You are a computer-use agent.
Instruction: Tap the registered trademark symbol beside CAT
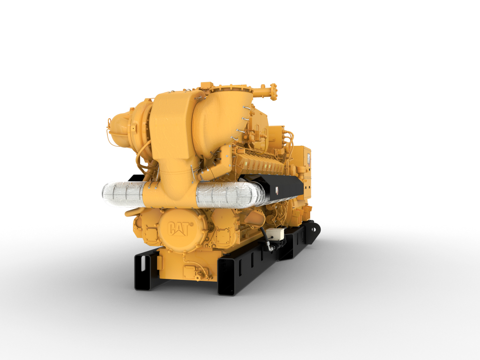point(191,225)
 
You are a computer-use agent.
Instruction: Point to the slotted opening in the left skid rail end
point(141,270)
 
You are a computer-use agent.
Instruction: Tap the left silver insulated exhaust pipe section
point(123,194)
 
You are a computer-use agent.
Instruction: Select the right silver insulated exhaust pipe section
point(230,195)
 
